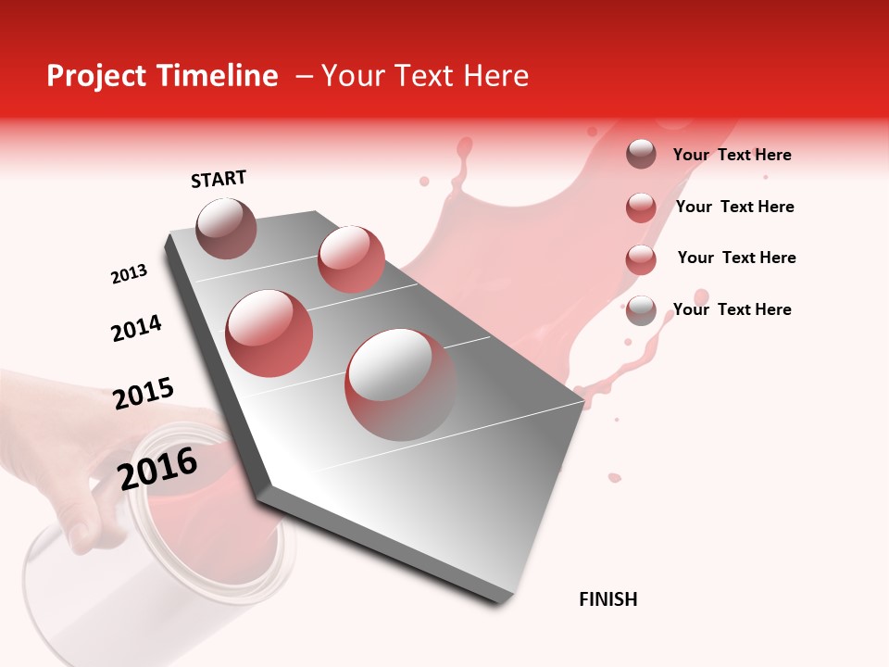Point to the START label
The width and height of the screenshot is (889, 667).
point(219,179)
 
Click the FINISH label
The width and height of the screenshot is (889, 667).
point(607,599)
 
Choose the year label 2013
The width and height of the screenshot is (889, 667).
point(129,274)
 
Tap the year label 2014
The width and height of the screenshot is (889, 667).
point(136,328)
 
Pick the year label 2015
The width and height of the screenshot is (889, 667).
point(144,393)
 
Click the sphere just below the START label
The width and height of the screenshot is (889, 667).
point(226,228)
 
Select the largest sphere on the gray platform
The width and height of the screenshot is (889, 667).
point(400,384)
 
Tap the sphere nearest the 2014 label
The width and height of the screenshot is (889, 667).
point(269,333)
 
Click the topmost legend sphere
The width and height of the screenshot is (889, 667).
point(641,155)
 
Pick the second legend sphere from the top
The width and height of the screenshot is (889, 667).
point(641,208)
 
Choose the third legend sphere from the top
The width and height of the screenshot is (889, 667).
point(641,259)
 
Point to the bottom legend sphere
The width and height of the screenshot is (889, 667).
point(641,310)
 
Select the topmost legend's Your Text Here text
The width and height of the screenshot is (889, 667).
point(732,156)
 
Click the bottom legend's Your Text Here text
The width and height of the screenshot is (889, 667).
point(732,309)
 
